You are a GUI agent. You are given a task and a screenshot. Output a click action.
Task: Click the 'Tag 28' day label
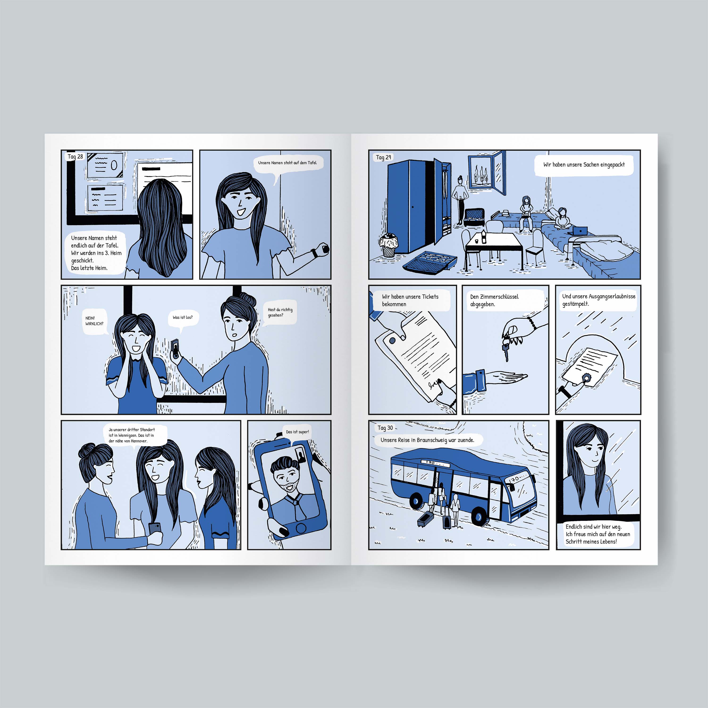[75, 156]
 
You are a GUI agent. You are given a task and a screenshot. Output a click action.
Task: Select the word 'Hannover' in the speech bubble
[139, 441]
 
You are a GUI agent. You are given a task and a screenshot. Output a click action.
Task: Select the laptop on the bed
[579, 231]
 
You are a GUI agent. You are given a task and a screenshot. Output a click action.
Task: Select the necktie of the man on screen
[295, 506]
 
